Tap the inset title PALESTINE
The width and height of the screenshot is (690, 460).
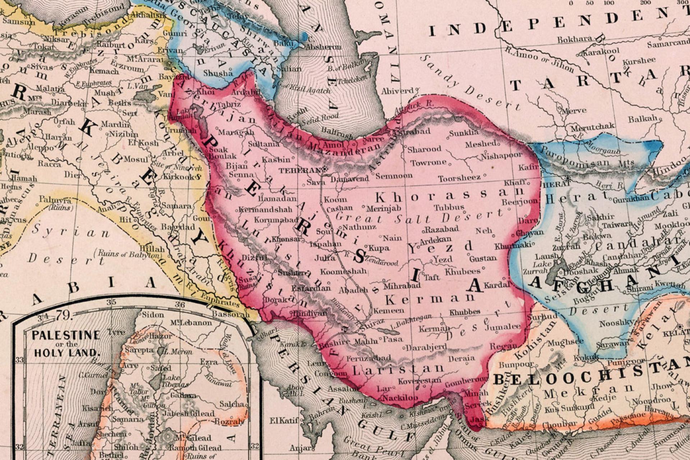(x=66, y=335)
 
